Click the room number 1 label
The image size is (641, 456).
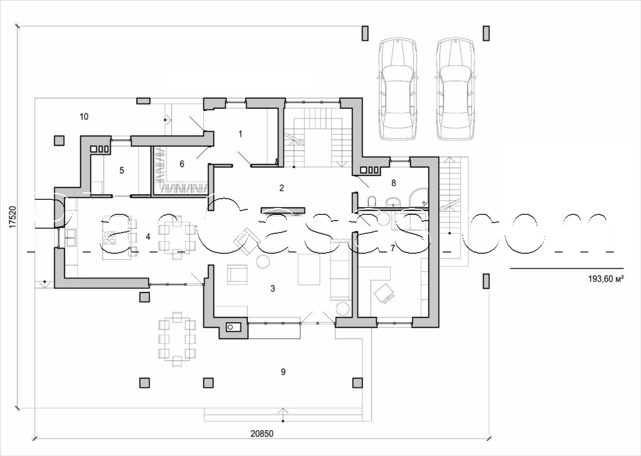tap(240, 133)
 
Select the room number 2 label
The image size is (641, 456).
tap(282, 187)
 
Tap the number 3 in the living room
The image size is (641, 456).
tap(272, 288)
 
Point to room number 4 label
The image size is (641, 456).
tap(148, 236)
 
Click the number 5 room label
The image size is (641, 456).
tap(122, 170)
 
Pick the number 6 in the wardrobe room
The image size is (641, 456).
tap(182, 163)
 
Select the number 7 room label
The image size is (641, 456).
tap(392, 248)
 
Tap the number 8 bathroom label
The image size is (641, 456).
tap(393, 183)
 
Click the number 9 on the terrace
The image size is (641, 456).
tap(283, 371)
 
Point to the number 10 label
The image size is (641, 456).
tap(85, 116)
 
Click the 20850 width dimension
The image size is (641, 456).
tap(262, 433)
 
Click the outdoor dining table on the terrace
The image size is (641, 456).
tap(177, 339)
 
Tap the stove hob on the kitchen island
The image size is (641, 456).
tap(111, 237)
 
